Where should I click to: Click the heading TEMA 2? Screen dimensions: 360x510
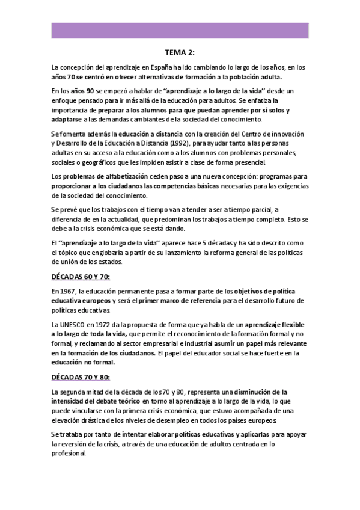(x=180, y=52)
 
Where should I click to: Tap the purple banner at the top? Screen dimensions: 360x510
(x=180, y=30)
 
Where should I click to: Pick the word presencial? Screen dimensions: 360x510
(x=246, y=162)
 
